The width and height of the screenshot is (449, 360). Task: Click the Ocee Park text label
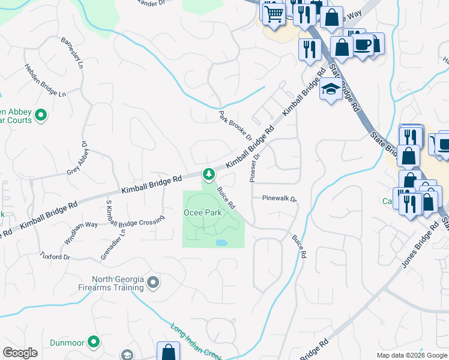(202, 212)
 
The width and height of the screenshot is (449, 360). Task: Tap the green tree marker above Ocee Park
(208, 175)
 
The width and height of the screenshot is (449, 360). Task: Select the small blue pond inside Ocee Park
(221, 243)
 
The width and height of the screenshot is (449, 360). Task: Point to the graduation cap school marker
(330, 90)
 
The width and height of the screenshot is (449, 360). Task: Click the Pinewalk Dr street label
(279, 198)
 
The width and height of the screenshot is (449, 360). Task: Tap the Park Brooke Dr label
(236, 125)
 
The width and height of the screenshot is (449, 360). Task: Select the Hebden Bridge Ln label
(44, 80)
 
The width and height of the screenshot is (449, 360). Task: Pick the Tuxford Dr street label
(55, 257)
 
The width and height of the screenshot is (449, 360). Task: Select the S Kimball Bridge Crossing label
(134, 212)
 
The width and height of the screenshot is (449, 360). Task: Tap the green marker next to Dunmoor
(93, 342)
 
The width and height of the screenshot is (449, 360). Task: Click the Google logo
(20, 353)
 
